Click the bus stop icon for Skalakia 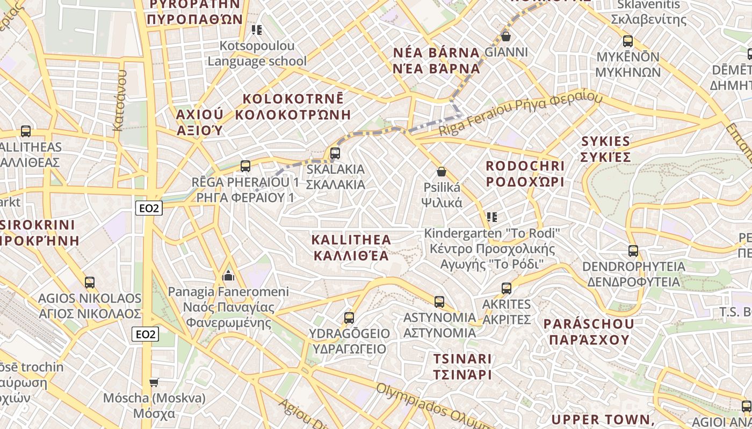[335, 153]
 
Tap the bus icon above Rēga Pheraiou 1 [245, 166]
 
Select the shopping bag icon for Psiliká [442, 172]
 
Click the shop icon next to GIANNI [505, 36]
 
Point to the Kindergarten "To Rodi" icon [492, 217]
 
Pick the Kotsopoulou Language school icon [257, 30]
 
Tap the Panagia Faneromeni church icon [228, 276]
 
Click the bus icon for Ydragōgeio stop [349, 317]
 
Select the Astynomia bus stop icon [439, 301]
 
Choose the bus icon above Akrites [507, 288]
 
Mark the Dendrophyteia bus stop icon [633, 250]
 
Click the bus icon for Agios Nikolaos [90, 282]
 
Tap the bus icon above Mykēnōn [627, 41]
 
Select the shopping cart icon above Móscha [154, 382]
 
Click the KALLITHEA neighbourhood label [351, 247]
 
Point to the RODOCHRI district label [525, 174]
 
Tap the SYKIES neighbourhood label [605, 149]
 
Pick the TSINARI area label [462, 366]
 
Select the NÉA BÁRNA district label [437, 61]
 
